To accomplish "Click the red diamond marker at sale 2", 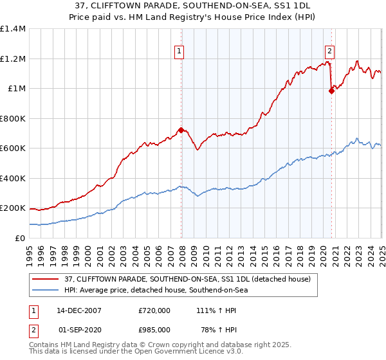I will (332, 91).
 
